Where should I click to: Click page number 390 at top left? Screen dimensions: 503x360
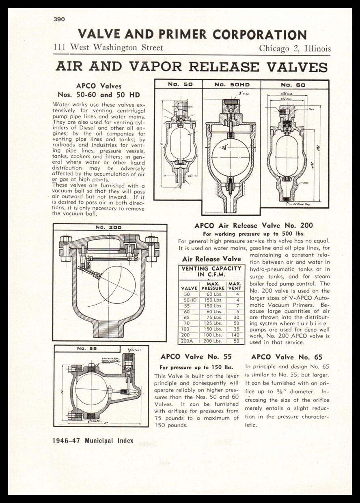(x=59, y=19)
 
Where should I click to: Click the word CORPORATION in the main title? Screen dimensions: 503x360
(x=260, y=34)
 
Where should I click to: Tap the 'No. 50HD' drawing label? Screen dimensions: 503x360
(x=231, y=85)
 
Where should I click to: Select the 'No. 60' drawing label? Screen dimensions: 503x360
(x=295, y=85)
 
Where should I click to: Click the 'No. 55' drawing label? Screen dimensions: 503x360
(x=86, y=348)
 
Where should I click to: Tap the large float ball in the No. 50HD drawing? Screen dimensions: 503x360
(x=231, y=157)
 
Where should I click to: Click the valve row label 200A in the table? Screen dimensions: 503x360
(x=187, y=341)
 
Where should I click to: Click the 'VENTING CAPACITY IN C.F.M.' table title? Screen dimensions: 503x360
(x=211, y=271)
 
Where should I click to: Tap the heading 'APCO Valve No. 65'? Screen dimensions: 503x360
(x=287, y=357)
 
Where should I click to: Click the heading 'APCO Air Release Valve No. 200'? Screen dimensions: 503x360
(x=254, y=226)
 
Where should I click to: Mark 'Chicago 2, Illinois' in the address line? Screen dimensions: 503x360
(x=295, y=49)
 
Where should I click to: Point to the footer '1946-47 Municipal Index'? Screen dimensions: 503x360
(x=93, y=441)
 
